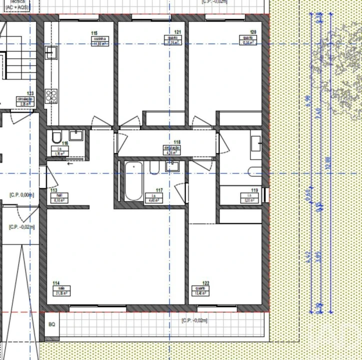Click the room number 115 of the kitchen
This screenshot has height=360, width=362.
point(94,33)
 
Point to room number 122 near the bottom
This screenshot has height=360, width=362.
point(206,283)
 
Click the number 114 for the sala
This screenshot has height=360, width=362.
point(55,283)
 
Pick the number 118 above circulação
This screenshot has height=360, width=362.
point(176,142)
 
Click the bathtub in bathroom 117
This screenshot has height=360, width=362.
point(133,181)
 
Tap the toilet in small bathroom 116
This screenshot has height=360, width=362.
point(56,136)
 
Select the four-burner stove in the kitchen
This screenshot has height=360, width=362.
point(51,94)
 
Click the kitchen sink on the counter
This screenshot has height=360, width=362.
point(51,51)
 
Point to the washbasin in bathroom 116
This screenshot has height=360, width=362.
point(76,135)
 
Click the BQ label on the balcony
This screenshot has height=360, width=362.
point(51,324)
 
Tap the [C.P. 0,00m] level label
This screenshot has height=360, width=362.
point(21,195)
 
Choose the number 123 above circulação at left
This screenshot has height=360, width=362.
point(30,93)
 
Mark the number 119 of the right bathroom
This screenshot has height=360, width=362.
point(254,190)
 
